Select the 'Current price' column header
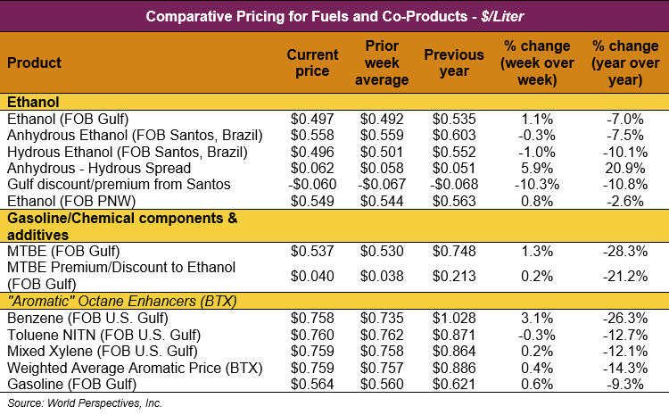pyautogui.click(x=312, y=62)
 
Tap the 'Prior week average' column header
pyautogui.click(x=386, y=62)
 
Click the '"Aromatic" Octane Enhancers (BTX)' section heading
pyautogui.click(x=121, y=301)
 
